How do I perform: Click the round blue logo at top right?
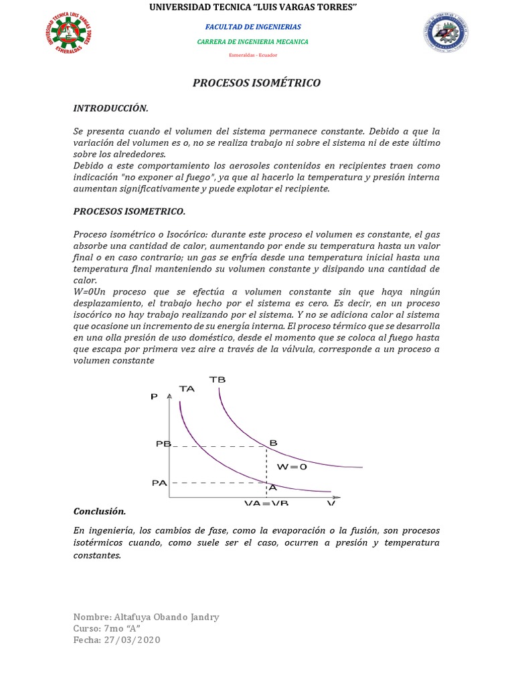click(445, 33)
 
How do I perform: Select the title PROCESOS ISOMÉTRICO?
click(256, 83)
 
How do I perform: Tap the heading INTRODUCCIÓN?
click(110, 108)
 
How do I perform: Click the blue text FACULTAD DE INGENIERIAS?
click(252, 27)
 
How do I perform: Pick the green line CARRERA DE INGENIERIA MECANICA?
click(252, 41)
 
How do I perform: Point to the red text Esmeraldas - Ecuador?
click(252, 55)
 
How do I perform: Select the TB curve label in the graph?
click(218, 379)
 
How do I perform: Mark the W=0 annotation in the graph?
click(292, 467)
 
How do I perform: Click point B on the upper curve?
click(272, 442)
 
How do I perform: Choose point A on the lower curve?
click(272, 488)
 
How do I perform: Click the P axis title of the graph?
click(155, 397)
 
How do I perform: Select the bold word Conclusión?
click(99, 511)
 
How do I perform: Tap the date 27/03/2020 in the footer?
click(133, 640)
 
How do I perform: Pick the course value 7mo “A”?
click(122, 628)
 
